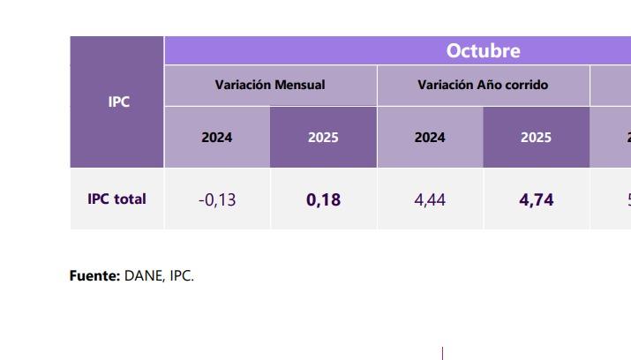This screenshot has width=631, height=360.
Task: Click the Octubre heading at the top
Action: (483, 51)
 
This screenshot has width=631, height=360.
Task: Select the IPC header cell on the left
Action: (118, 101)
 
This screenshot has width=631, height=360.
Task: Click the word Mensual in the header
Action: (299, 86)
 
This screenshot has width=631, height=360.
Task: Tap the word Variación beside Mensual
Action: (243, 86)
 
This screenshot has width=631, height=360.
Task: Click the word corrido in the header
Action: (527, 86)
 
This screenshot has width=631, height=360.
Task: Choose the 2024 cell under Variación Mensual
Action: (217, 138)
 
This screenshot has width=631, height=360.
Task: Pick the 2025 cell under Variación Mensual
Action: (323, 138)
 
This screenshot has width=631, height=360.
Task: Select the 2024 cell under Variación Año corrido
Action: (430, 138)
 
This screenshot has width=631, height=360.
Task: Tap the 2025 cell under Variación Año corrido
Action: (536, 138)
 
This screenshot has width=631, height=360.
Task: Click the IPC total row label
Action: (116, 199)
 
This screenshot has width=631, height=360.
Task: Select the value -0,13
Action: (217, 200)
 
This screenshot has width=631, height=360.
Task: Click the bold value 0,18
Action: (323, 200)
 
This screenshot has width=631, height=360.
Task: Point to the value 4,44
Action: (430, 200)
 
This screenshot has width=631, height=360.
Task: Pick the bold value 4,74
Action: (537, 200)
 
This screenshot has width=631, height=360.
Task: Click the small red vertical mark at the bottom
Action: (442, 353)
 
